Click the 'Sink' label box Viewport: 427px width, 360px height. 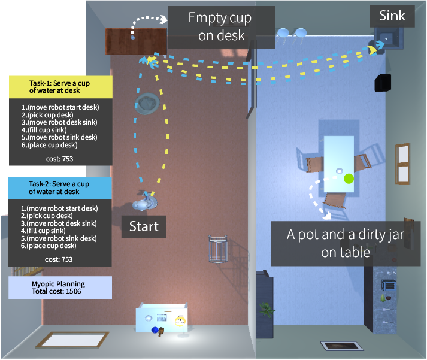point(392,16)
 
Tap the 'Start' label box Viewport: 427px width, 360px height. point(144,226)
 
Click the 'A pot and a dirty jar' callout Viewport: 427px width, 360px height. point(337,243)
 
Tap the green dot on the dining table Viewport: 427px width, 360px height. point(349,178)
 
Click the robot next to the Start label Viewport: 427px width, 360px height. point(146,201)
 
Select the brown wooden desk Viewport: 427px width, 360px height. point(137,41)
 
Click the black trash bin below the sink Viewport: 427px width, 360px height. point(383,83)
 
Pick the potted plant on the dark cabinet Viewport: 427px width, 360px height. point(265,309)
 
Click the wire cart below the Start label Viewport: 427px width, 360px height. point(218,250)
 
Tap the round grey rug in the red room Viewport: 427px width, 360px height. point(147,103)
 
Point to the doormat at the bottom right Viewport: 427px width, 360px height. point(342,346)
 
